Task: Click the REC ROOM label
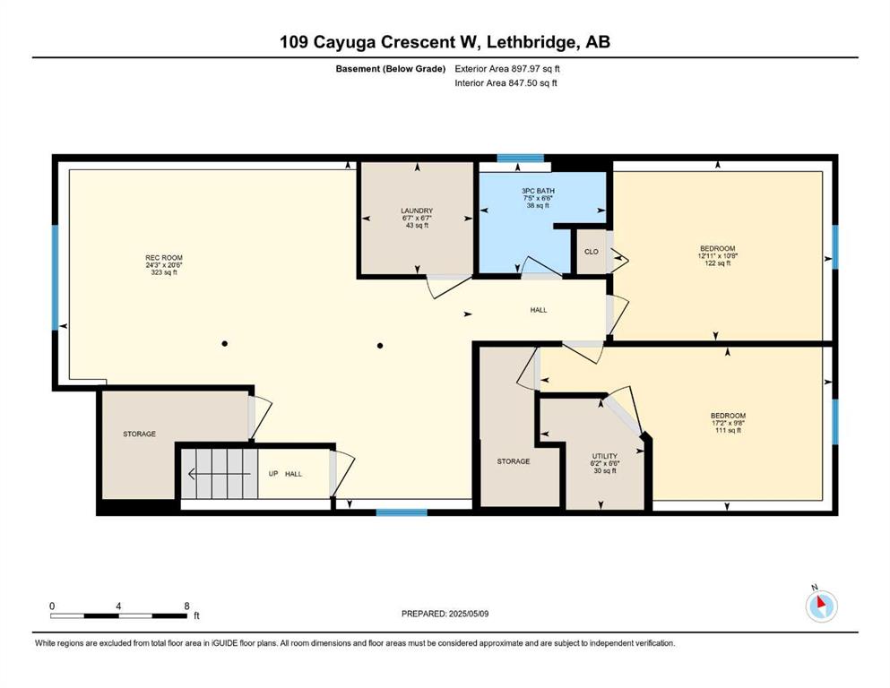point(164,257)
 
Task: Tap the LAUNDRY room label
point(417,211)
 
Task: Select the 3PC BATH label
point(538,191)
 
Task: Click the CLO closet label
point(592,251)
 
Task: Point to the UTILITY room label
point(605,456)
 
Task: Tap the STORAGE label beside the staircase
point(140,434)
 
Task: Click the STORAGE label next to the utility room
point(514,461)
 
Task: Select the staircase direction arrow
point(219,474)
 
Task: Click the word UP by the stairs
point(273,474)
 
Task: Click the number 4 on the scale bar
point(118,606)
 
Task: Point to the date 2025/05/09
point(468,614)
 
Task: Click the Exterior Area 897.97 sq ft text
point(507,69)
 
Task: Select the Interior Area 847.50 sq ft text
point(505,82)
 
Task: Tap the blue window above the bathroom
point(521,159)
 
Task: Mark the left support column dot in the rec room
point(225,344)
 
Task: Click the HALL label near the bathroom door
point(539,310)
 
